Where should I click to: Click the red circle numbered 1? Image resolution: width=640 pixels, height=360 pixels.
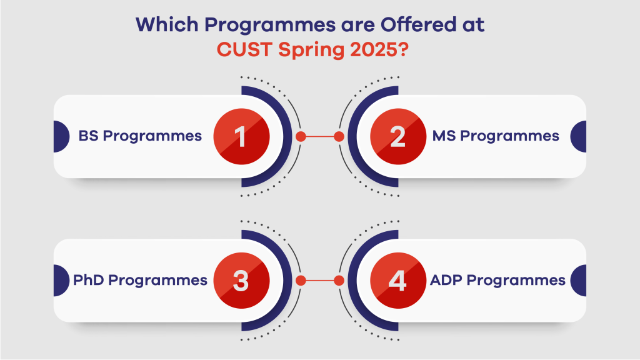click(x=241, y=136)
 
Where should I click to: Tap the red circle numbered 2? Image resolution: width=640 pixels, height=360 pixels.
click(x=398, y=136)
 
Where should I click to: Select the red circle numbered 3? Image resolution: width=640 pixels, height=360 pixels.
click(x=241, y=280)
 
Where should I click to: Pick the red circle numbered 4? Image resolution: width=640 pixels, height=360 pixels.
click(x=398, y=280)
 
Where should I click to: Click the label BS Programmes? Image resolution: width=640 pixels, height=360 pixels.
click(x=140, y=136)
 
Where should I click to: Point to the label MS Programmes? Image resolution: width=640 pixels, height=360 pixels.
click(x=496, y=136)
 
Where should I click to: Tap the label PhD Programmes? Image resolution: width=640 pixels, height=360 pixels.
click(x=140, y=280)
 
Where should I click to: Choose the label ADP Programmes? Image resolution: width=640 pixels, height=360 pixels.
click(x=497, y=280)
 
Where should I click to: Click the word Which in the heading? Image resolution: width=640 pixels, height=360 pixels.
click(x=163, y=26)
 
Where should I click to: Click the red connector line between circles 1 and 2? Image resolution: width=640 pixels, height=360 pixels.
click(x=320, y=136)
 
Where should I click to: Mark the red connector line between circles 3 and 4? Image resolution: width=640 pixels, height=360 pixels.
click(x=320, y=280)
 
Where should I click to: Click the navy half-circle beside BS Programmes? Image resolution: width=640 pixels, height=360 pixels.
click(x=61, y=136)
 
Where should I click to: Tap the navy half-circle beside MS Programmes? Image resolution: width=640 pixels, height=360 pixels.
click(x=579, y=136)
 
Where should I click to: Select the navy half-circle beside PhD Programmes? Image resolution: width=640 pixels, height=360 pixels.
click(x=61, y=280)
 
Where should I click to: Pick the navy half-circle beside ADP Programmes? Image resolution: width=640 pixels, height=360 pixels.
click(x=579, y=280)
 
